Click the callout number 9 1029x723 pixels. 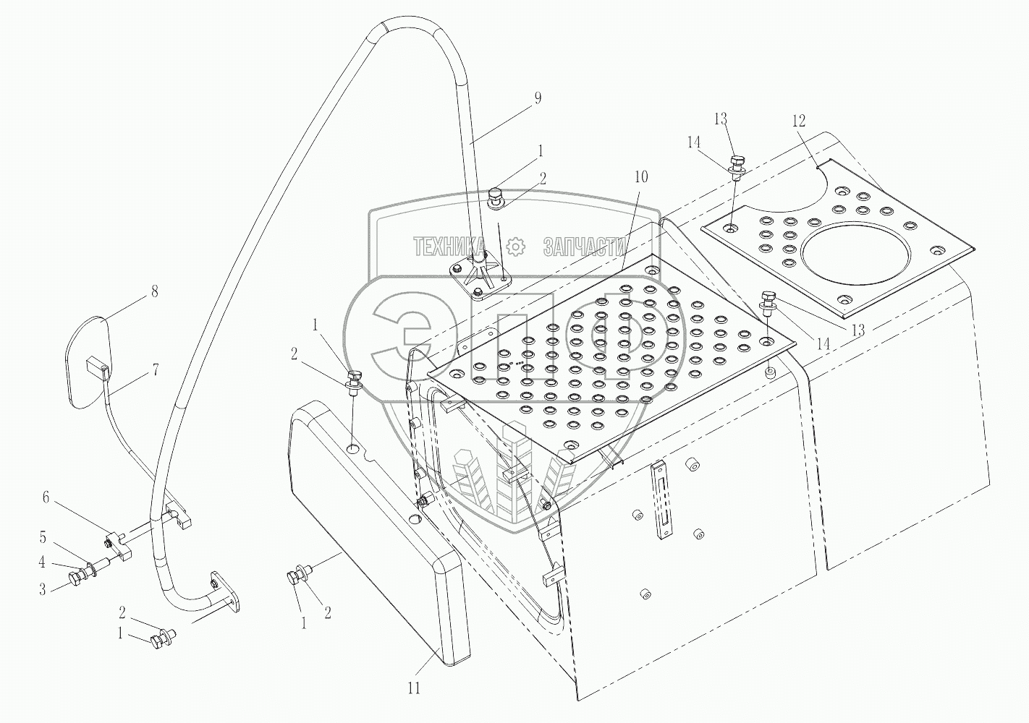[537, 99]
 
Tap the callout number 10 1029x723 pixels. [641, 177]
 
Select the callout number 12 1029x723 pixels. [798, 121]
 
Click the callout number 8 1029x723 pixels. [153, 292]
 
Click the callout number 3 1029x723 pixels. [43, 589]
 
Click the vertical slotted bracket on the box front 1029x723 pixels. [662, 500]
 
